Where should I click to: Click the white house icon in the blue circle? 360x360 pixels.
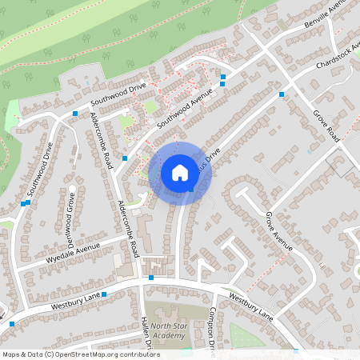pos(179,172)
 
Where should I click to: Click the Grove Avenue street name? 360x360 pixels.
pos(280,232)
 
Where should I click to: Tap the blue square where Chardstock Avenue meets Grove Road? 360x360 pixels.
pos(282,94)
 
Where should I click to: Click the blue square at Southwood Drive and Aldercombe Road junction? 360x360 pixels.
pos(75,114)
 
